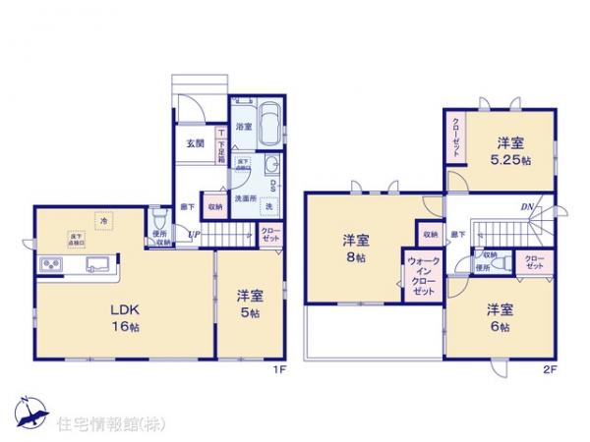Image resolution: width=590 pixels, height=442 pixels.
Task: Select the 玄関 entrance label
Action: click(x=193, y=143)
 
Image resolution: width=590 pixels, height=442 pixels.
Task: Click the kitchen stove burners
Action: click(x=52, y=264)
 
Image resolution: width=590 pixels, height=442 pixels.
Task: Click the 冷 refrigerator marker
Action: click(x=103, y=222)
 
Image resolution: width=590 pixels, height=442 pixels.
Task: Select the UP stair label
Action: click(x=197, y=235)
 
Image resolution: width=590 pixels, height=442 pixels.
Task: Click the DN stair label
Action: click(x=527, y=206)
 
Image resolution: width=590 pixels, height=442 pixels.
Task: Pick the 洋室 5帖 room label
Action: click(x=249, y=304)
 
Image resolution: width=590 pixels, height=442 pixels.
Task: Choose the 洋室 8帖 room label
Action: click(x=357, y=248)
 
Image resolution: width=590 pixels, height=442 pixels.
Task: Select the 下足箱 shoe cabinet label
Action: click(x=222, y=144)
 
